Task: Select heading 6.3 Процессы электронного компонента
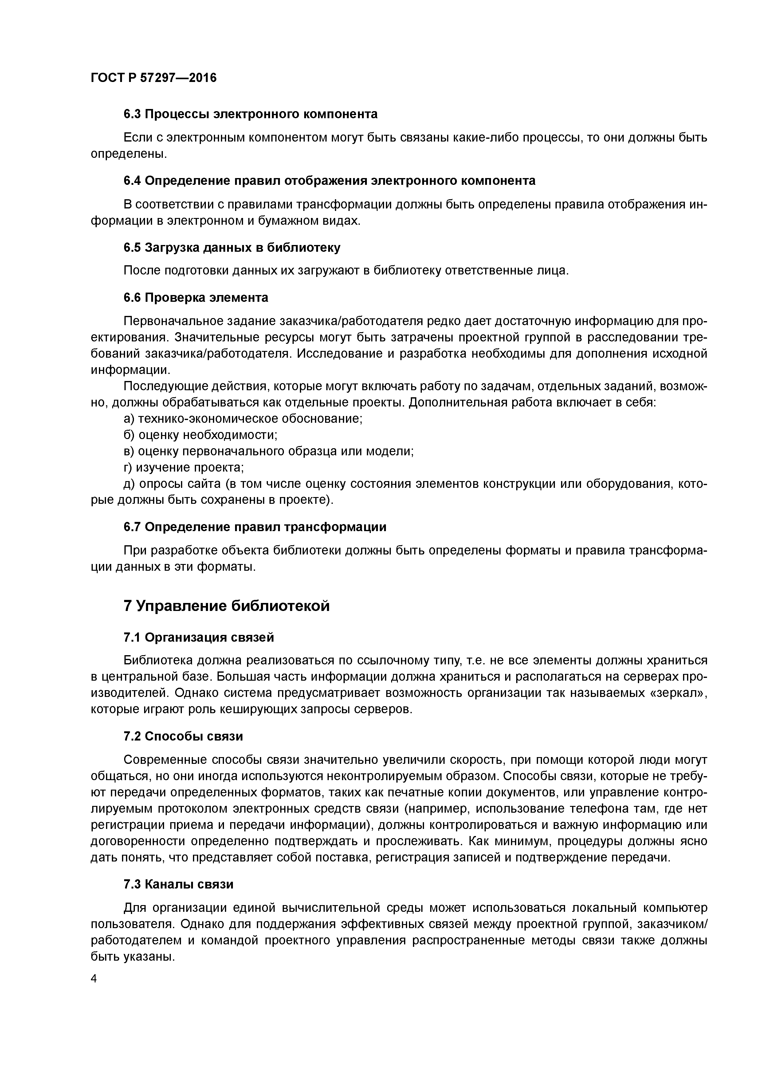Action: pos(250,114)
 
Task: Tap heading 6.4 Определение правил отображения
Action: pos(329,181)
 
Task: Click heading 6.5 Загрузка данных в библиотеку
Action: pos(232,247)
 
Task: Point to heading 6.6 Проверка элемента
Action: pos(196,297)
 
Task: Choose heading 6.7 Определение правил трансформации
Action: pos(255,527)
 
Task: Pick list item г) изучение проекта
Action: pos(183,467)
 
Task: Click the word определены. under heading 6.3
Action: pos(129,154)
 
